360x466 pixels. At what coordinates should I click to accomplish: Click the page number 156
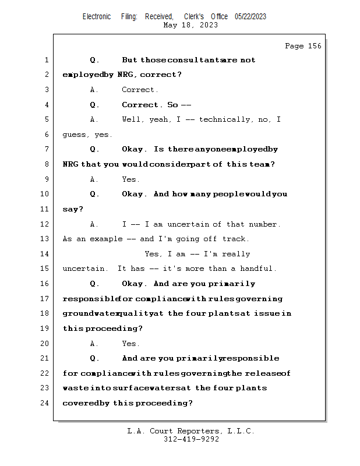point(312,46)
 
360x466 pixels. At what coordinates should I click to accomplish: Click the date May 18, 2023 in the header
point(190,25)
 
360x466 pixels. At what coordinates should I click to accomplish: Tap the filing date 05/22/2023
point(250,16)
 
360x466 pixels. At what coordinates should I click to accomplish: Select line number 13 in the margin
point(46,239)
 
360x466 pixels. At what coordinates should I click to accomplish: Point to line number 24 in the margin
point(46,403)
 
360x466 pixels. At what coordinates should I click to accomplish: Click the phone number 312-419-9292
point(191,439)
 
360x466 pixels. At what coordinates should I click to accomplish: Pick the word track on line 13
point(236,239)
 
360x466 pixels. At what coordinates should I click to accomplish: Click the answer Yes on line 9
point(130,179)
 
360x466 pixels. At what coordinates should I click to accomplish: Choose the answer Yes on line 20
point(130,344)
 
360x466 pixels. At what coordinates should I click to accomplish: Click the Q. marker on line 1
point(95,60)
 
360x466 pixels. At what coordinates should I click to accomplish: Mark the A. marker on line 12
point(95,224)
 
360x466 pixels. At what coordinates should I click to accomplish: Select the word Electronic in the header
point(97,16)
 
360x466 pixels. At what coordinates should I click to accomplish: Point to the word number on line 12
point(265,224)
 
